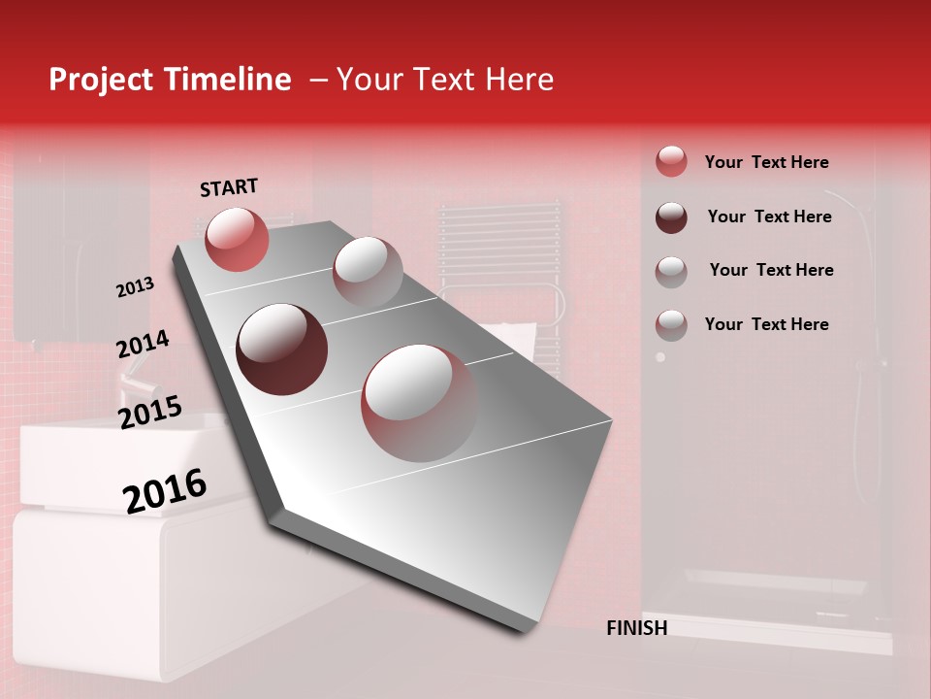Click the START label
coord(229,187)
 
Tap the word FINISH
coord(636,628)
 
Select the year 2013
coord(135,287)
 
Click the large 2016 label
coord(165,491)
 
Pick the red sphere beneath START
coord(237,239)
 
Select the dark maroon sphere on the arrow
coord(281,349)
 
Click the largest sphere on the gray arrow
coord(419,402)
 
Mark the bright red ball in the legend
coord(671,161)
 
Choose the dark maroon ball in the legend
coord(671,216)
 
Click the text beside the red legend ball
coord(766,162)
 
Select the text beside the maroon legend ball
coord(769,216)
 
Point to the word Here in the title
coord(518,80)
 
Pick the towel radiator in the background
coord(500,262)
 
